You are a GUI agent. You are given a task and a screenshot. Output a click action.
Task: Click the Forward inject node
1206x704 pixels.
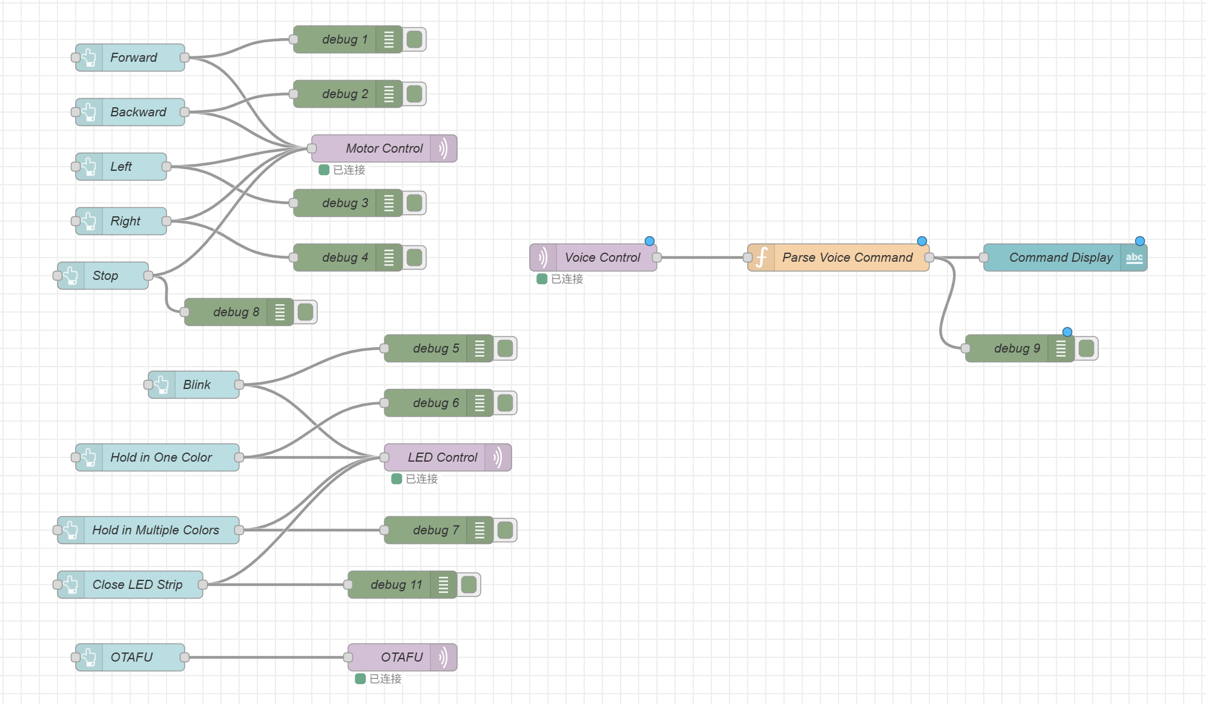coord(133,58)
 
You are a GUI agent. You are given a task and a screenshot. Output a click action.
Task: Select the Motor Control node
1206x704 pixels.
coord(383,148)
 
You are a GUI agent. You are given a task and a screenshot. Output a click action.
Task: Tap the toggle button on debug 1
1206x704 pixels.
coord(415,40)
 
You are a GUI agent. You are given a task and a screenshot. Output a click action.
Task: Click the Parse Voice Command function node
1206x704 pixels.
coord(846,257)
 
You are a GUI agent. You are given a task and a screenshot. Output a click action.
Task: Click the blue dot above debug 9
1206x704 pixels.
coord(1067,332)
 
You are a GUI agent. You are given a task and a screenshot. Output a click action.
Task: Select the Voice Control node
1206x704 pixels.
coord(601,257)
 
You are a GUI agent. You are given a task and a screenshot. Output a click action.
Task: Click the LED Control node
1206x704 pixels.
coord(442,457)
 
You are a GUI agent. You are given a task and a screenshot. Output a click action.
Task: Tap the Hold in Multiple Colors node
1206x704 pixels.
coord(155,530)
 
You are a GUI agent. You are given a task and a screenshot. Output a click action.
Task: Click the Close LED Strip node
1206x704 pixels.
coord(137,585)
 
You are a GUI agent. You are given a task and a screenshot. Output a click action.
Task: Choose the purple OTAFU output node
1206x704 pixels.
coord(401,657)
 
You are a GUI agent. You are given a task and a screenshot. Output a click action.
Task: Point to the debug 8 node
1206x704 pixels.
coord(235,312)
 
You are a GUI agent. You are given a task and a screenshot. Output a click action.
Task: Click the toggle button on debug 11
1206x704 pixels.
coord(469,585)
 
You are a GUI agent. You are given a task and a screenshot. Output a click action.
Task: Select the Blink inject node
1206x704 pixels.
coord(196,385)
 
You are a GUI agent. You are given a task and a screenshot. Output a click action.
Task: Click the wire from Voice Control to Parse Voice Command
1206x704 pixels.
coord(702,257)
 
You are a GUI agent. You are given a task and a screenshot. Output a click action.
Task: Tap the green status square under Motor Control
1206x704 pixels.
coord(324,170)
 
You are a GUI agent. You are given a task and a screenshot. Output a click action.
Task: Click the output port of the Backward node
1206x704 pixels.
coord(185,112)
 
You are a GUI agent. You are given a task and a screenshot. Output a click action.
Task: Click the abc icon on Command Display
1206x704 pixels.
coord(1134,258)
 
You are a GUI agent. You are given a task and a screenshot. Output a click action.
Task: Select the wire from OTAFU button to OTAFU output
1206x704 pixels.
coord(266,657)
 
